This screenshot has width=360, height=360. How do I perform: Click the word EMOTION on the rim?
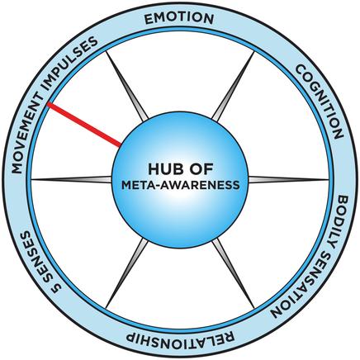pos(179,18)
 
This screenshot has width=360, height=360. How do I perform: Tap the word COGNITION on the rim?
pos(320,102)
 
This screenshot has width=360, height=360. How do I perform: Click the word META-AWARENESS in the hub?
pos(181,185)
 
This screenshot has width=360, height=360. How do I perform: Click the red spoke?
pos(84,124)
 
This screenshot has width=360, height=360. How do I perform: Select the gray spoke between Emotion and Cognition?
pos(234,86)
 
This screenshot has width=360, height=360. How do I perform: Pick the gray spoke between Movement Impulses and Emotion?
pos(127,86)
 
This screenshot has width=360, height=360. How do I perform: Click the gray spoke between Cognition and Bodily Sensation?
pos(289,180)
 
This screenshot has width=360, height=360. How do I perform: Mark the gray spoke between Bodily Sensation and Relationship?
pos(234,273)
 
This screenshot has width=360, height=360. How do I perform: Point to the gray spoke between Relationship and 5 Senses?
pos(127,273)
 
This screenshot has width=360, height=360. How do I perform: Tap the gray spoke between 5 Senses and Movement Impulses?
pos(72,180)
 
